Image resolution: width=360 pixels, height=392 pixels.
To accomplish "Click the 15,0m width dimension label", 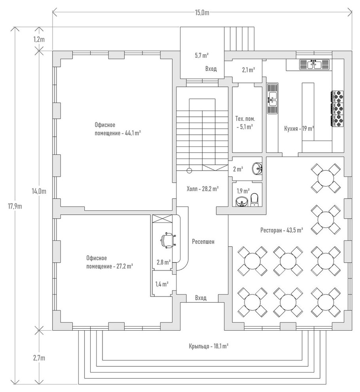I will [x=202, y=13].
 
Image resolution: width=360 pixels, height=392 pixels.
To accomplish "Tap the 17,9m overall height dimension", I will [x=17, y=206].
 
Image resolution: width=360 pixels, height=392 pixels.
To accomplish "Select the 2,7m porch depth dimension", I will [x=38, y=358].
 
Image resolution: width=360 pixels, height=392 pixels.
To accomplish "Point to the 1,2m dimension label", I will [x=38, y=39].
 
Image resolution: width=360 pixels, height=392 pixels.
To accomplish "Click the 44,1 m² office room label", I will [x=117, y=129].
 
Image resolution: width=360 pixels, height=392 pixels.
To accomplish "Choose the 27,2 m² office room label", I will [x=109, y=262].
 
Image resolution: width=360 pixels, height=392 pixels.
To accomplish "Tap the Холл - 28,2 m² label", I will [x=203, y=189].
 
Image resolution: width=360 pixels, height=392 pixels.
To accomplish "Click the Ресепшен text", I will [x=203, y=241].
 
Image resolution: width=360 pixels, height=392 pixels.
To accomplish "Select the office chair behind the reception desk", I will [x=167, y=240].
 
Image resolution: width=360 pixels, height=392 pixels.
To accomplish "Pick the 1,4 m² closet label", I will [x=162, y=284].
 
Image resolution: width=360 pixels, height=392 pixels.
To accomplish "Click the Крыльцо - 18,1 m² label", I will [x=209, y=346].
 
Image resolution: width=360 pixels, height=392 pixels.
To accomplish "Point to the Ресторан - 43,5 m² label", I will [x=282, y=230].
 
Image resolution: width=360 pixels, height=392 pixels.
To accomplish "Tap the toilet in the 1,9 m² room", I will [x=254, y=200].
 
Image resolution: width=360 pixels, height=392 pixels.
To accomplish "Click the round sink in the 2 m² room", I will [x=258, y=168].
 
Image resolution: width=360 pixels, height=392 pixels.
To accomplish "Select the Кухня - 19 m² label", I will [x=299, y=128].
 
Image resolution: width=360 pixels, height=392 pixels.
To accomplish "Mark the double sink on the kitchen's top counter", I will [x=315, y=64].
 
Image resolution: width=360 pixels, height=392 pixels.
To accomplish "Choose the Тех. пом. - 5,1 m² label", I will [x=245, y=123].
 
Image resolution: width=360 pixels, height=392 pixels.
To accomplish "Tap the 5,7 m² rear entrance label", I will [x=202, y=55].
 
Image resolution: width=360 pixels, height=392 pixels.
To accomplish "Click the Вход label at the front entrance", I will [x=201, y=298].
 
